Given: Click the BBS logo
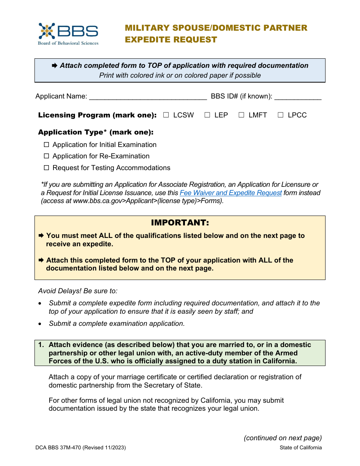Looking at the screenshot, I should pos(68,34).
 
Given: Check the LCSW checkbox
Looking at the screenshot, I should pos(166,115).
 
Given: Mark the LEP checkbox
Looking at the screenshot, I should pos(207,115).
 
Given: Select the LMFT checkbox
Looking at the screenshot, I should pos(241,115).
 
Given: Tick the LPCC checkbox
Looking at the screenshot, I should pos(280,115).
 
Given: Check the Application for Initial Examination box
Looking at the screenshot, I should pos(47,145).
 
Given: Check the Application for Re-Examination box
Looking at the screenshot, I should pos(47,156).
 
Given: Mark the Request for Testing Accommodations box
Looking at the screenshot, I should pos(47,168).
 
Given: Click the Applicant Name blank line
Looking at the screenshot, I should pos(148,97).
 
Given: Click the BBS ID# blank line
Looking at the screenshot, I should pos(297,97).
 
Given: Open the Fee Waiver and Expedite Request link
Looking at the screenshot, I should pos(230,193).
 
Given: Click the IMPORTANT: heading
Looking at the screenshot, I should pos(180,222).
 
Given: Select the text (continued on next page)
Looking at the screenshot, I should pos(283,438).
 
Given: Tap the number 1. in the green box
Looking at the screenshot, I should pos(41,345).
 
